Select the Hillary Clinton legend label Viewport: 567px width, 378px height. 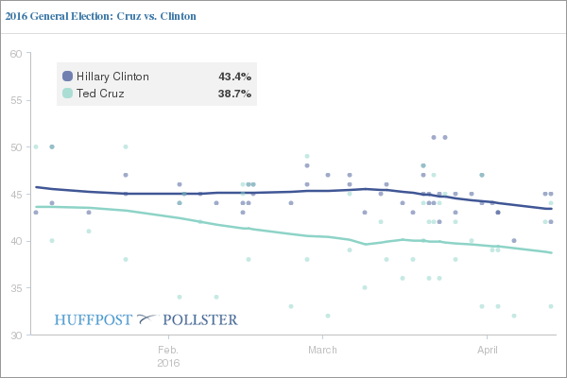pos(112,77)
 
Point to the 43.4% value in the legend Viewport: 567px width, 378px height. pos(234,77)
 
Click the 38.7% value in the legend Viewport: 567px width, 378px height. pos(234,94)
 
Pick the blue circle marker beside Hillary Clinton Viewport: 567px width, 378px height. pos(67,77)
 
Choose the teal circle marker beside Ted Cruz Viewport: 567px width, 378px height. pos(67,94)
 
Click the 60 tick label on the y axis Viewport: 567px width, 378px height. pos(15,54)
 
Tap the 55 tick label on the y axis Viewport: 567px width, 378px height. pos(15,100)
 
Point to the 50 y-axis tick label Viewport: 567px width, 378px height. pos(15,147)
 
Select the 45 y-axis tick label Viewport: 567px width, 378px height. pos(15,195)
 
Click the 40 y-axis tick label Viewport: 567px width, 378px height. pos(15,241)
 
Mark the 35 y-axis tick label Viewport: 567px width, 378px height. pos(15,288)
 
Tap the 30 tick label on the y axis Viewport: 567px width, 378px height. pos(15,335)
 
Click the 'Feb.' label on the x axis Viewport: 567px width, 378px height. pos(168,349)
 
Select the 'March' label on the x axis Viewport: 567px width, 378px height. pos(323,349)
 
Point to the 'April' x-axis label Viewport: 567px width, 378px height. pos(486,349)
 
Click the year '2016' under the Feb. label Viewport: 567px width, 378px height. pos(168,361)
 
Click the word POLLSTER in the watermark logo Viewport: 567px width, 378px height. pos(203,319)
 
